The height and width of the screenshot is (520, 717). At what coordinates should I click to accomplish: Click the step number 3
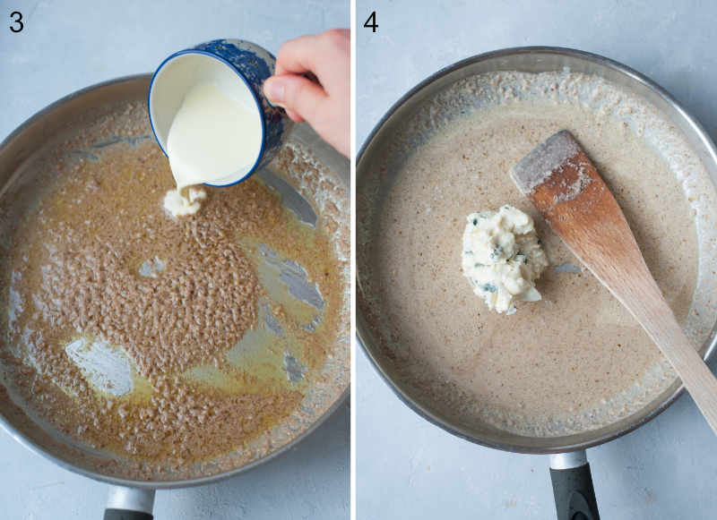(16, 21)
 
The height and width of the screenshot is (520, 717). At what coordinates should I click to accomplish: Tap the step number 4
(370, 21)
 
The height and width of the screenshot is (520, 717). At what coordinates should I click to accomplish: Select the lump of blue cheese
(503, 259)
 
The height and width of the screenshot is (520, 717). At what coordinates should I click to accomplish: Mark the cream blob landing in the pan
(184, 200)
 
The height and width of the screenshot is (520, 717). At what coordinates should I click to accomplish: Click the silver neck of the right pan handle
(567, 459)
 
